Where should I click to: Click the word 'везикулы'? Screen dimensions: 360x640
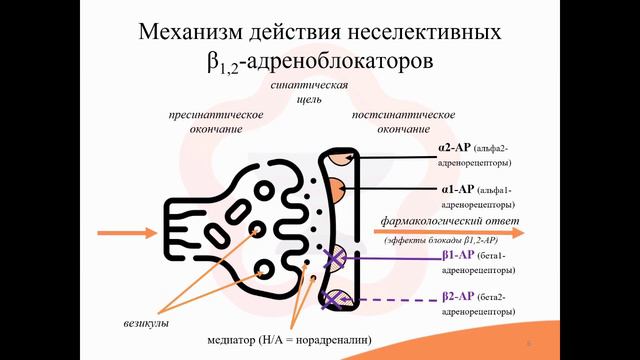click(139, 325)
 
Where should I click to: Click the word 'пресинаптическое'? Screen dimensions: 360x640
click(216, 116)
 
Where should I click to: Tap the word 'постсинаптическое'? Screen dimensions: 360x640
click(391, 116)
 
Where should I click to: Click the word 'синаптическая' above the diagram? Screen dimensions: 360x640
click(308, 86)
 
